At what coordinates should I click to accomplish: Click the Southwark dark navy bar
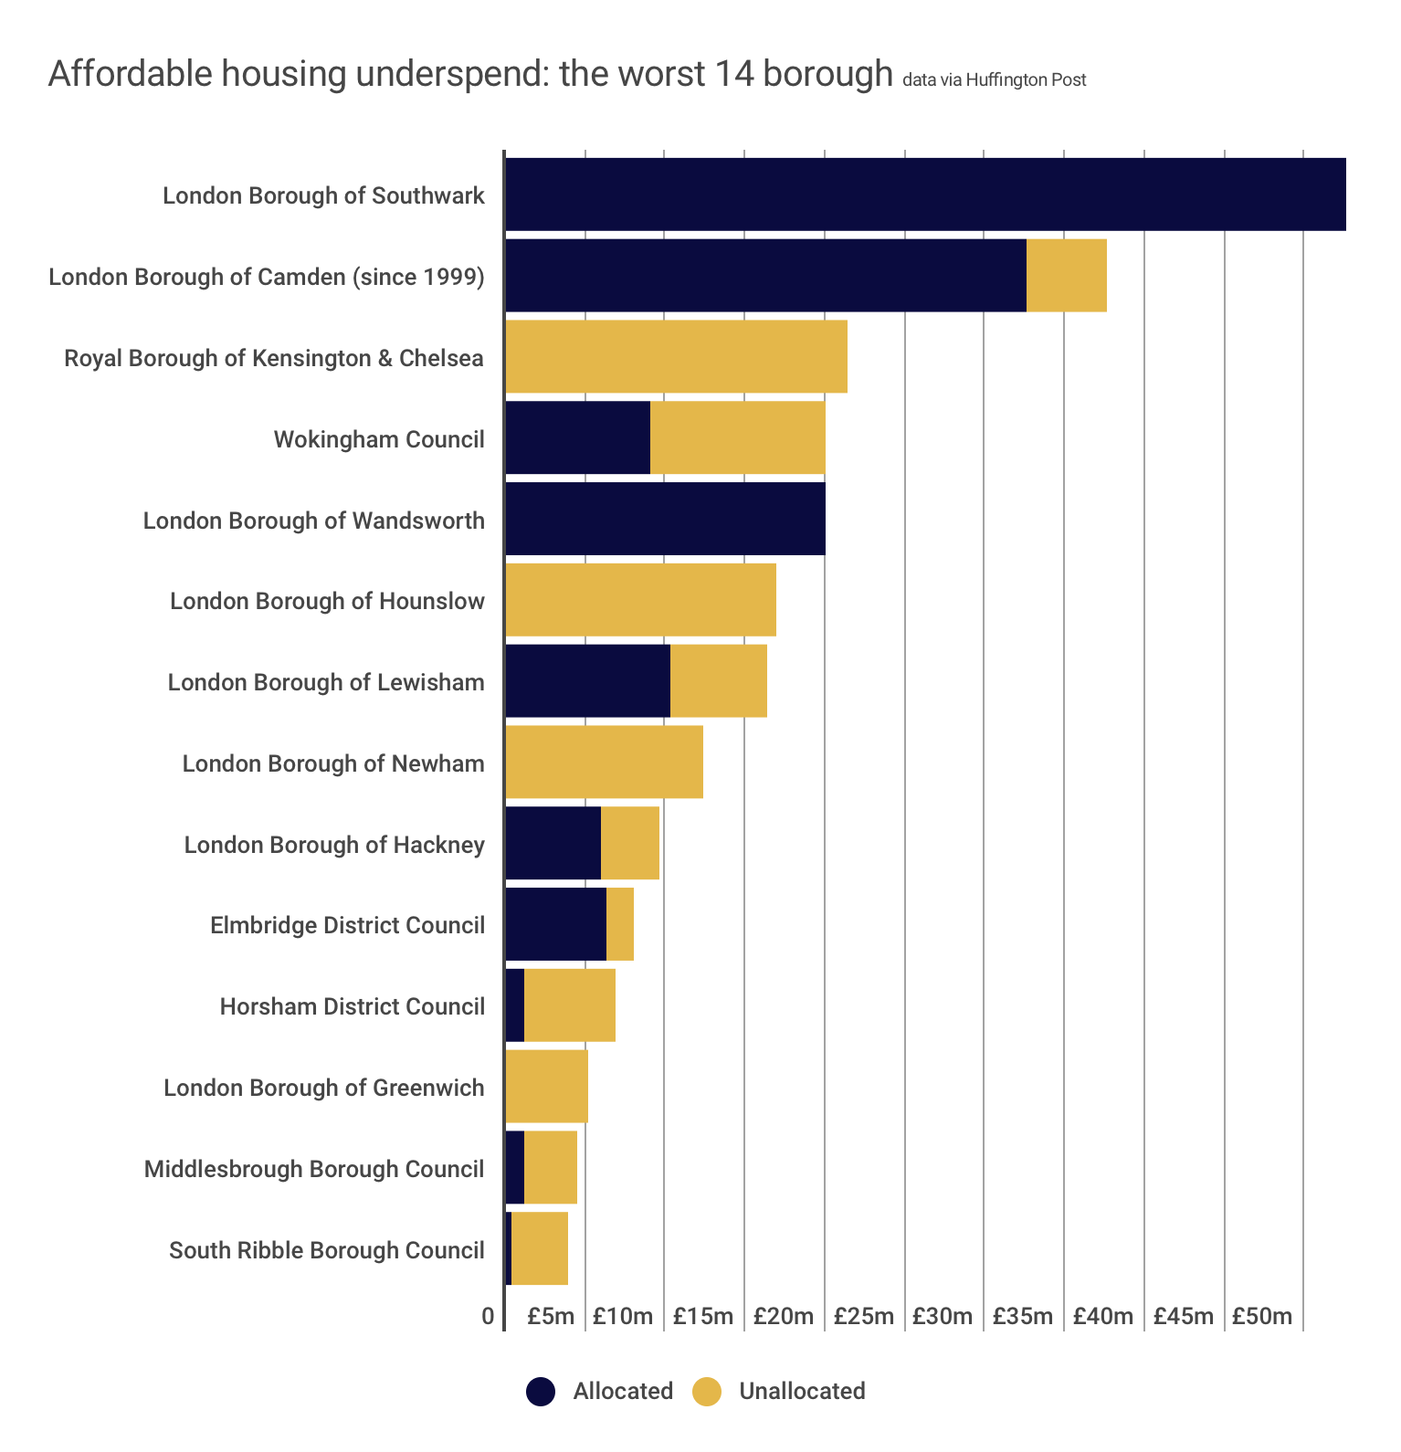[x=925, y=195]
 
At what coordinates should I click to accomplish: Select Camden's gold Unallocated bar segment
[x=1066, y=276]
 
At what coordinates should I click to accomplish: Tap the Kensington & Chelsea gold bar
[x=676, y=357]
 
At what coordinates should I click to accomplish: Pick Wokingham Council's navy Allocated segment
[x=577, y=438]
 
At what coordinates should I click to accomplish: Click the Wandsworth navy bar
[x=665, y=519]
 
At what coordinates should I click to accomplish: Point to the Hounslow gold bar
[x=640, y=600]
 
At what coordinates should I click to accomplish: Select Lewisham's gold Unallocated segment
[x=718, y=681]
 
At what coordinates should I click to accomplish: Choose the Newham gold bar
[x=604, y=763]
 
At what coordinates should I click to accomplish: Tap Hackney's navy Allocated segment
[x=553, y=844]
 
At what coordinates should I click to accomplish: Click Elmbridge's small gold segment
[x=619, y=924]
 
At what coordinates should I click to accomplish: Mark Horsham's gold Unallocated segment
[x=569, y=1005]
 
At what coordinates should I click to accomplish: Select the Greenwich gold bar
[x=546, y=1087]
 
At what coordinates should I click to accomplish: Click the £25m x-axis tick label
[x=863, y=1317]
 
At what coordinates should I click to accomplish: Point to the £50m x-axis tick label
[x=1262, y=1317]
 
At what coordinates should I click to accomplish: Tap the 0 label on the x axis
[x=488, y=1317]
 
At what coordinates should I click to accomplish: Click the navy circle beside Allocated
[x=541, y=1392]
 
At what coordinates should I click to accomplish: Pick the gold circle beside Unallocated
[x=707, y=1392]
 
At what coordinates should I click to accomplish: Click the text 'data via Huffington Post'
[x=994, y=80]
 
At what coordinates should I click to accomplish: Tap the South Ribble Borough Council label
[x=326, y=1250]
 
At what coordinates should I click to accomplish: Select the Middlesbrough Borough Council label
[x=314, y=1169]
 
